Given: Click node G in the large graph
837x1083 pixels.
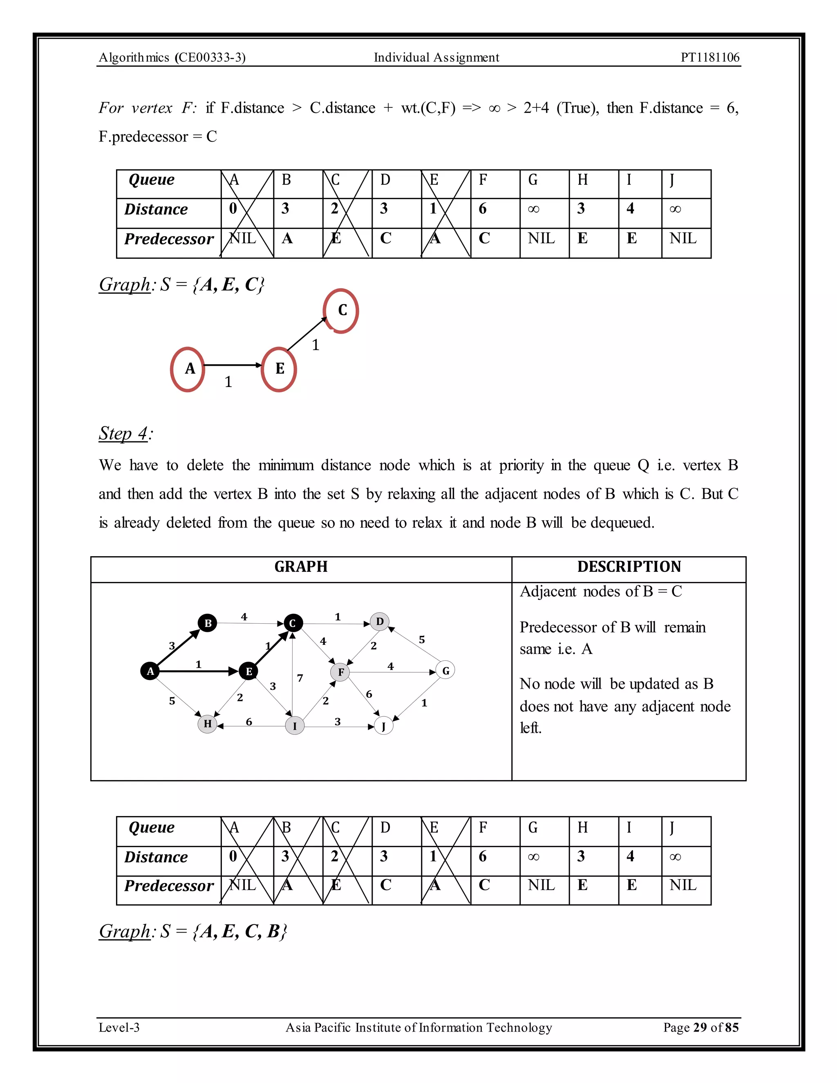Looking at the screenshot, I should click(x=445, y=670).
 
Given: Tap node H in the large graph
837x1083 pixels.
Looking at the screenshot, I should click(x=207, y=724).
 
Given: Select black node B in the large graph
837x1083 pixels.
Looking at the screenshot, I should click(x=208, y=623).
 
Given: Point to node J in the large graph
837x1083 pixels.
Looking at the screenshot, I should click(x=383, y=727).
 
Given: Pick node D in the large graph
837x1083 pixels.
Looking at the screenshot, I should click(x=380, y=621).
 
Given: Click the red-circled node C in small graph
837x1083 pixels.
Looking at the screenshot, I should click(x=342, y=311).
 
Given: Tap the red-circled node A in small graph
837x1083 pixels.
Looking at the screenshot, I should click(x=188, y=369).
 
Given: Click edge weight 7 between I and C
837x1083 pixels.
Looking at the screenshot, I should click(x=300, y=678).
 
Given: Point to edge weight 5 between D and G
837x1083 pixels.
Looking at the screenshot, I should click(x=421, y=640).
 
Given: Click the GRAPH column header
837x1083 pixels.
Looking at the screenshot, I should click(x=301, y=567).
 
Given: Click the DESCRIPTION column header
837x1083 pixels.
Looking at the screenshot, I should click(x=629, y=567).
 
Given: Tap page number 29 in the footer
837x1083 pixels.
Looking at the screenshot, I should click(x=700, y=1027).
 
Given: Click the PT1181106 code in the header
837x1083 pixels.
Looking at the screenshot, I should click(x=709, y=58).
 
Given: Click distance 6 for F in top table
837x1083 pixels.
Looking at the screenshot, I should click(x=483, y=209).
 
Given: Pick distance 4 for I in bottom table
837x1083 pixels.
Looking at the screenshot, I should click(x=630, y=856).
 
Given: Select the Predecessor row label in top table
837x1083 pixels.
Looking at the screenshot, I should click(x=169, y=239).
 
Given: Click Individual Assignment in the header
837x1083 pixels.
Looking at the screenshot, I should click(x=436, y=58).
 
